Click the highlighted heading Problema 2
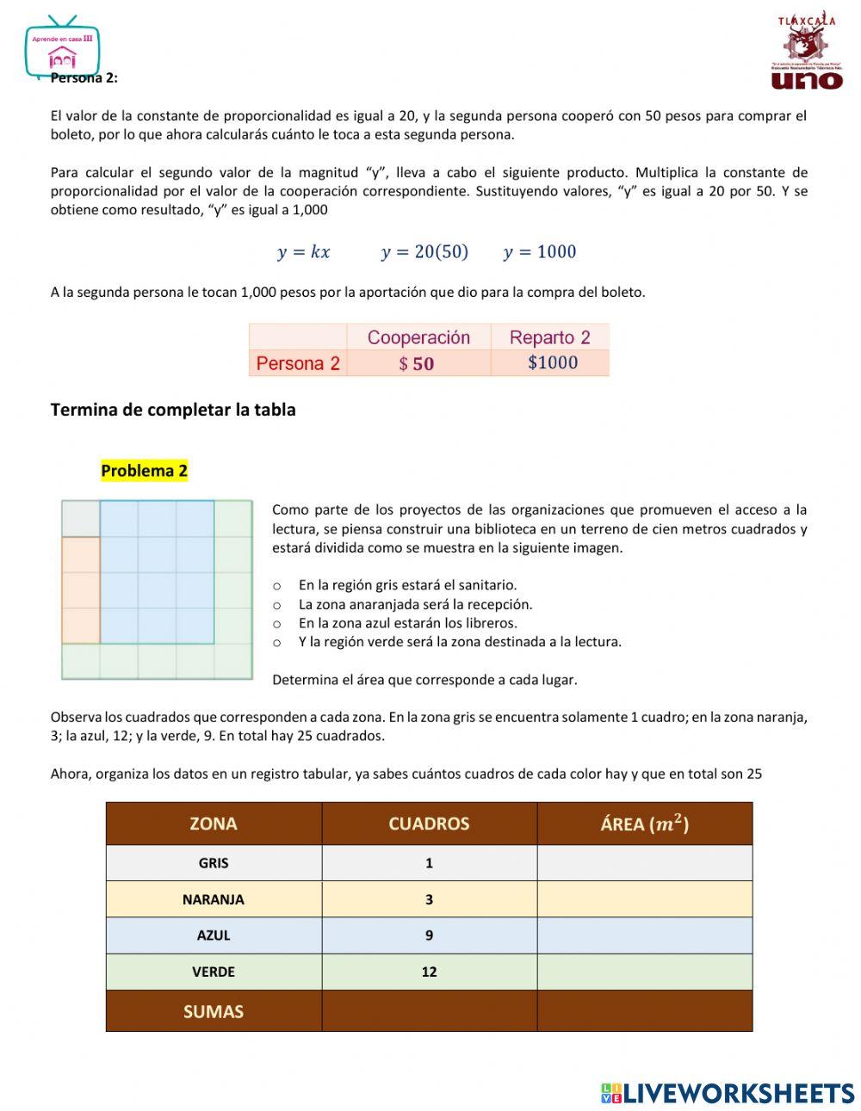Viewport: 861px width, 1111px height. click(144, 471)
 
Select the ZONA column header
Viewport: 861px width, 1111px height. click(214, 824)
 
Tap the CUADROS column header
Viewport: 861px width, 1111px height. click(429, 824)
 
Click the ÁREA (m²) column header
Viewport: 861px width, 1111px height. click(644, 824)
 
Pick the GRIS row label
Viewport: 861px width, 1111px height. click(214, 863)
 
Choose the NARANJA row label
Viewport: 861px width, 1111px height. click(214, 899)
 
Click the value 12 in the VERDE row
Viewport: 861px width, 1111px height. click(429, 972)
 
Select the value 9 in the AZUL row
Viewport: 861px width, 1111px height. click(429, 935)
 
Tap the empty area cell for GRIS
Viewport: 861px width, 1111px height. click(644, 863)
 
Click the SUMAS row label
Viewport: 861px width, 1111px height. click(214, 1011)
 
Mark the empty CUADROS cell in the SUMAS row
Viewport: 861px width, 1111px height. click(429, 1011)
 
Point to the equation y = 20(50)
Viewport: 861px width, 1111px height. click(424, 252)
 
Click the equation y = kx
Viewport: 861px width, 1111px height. click(303, 252)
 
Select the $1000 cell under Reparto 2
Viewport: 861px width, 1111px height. click(552, 363)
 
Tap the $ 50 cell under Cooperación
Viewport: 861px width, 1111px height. click(418, 363)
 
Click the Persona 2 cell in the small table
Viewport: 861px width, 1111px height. click(298, 363)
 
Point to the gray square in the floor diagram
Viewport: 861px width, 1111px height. click(81, 518)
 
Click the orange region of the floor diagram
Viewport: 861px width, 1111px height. click(81, 590)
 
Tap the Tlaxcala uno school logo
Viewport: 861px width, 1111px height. click(807, 52)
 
